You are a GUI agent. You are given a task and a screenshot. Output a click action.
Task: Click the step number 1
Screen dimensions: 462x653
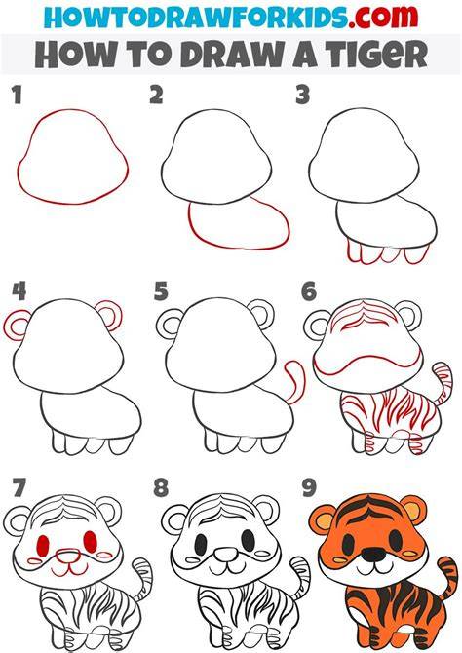[x=17, y=96]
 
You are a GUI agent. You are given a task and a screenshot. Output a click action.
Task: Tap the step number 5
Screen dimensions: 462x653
[x=161, y=291]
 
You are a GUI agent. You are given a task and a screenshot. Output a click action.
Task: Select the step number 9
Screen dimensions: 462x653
[x=309, y=487]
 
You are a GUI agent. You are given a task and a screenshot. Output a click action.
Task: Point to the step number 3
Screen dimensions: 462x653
[x=303, y=95]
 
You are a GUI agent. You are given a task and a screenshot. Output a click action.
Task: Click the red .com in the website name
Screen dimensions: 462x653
[x=383, y=17]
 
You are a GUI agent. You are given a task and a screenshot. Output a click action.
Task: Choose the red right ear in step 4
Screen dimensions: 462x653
[x=109, y=315]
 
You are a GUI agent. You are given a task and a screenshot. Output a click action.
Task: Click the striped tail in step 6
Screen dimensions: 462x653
[x=442, y=383]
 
